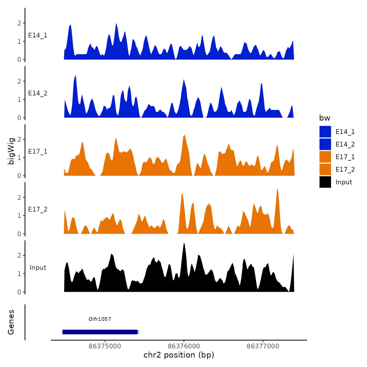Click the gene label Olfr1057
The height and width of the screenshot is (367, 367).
(100, 319)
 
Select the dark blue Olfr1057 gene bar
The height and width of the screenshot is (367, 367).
(100, 332)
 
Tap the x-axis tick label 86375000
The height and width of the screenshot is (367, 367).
(105, 346)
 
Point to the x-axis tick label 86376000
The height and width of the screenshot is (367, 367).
(184, 346)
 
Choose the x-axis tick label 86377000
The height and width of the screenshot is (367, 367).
(263, 346)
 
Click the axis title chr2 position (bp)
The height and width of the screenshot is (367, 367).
(179, 355)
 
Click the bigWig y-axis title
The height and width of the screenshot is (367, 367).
(11, 151)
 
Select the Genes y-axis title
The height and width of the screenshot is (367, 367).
(11, 322)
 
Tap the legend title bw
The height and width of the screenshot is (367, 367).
(325, 118)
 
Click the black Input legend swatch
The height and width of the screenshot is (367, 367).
(325, 182)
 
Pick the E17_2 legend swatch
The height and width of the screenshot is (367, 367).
(325, 169)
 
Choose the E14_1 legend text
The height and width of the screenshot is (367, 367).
(345, 132)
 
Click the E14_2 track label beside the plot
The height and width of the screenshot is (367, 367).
(38, 93)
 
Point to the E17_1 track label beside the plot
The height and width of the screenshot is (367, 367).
(38, 152)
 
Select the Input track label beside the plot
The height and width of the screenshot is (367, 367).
(38, 268)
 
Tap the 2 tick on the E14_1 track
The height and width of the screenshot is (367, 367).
(19, 23)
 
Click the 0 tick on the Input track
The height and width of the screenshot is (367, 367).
(19, 292)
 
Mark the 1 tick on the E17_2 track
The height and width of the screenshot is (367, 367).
(19, 215)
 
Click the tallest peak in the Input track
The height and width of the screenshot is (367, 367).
(184, 244)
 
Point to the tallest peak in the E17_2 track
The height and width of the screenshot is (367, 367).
(277, 189)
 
